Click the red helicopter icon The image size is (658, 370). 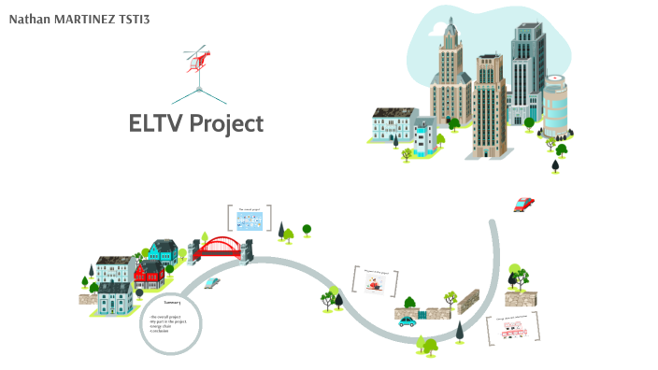click(x=198, y=59)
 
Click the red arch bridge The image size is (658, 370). click(x=221, y=248)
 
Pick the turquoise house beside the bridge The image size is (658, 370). click(x=163, y=252)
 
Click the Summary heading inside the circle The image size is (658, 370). click(x=171, y=303)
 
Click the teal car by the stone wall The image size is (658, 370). click(x=407, y=321)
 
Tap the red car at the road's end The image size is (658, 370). click(x=524, y=204)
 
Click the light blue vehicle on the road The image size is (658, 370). click(x=213, y=281)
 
